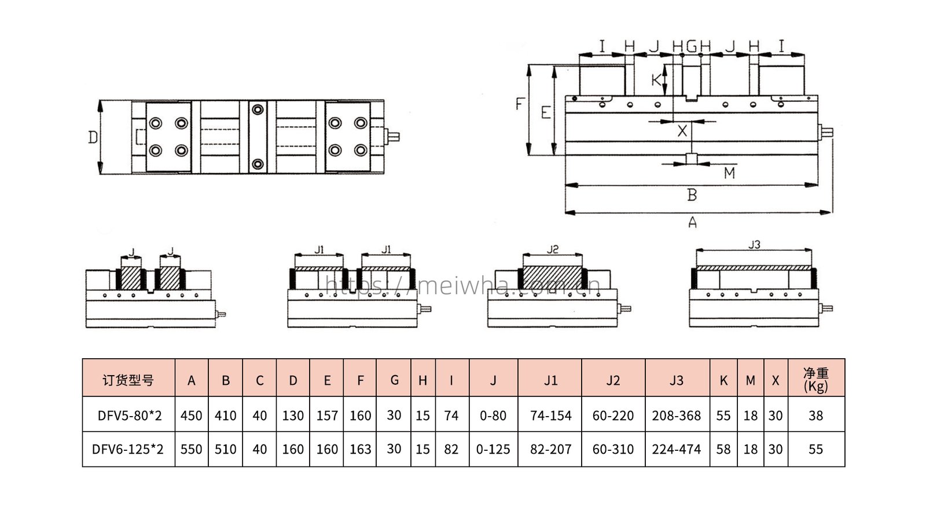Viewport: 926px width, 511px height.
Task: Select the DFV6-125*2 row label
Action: (128, 449)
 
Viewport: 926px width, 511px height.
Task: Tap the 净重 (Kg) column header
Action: (815, 380)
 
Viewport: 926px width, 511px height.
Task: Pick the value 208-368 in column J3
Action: (677, 415)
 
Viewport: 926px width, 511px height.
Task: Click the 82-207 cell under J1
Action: (550, 449)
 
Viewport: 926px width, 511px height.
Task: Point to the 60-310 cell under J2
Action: (613, 449)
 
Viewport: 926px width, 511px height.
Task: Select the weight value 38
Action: (815, 415)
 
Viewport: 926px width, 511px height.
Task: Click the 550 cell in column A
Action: (191, 449)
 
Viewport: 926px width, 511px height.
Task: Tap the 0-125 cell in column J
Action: (493, 449)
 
